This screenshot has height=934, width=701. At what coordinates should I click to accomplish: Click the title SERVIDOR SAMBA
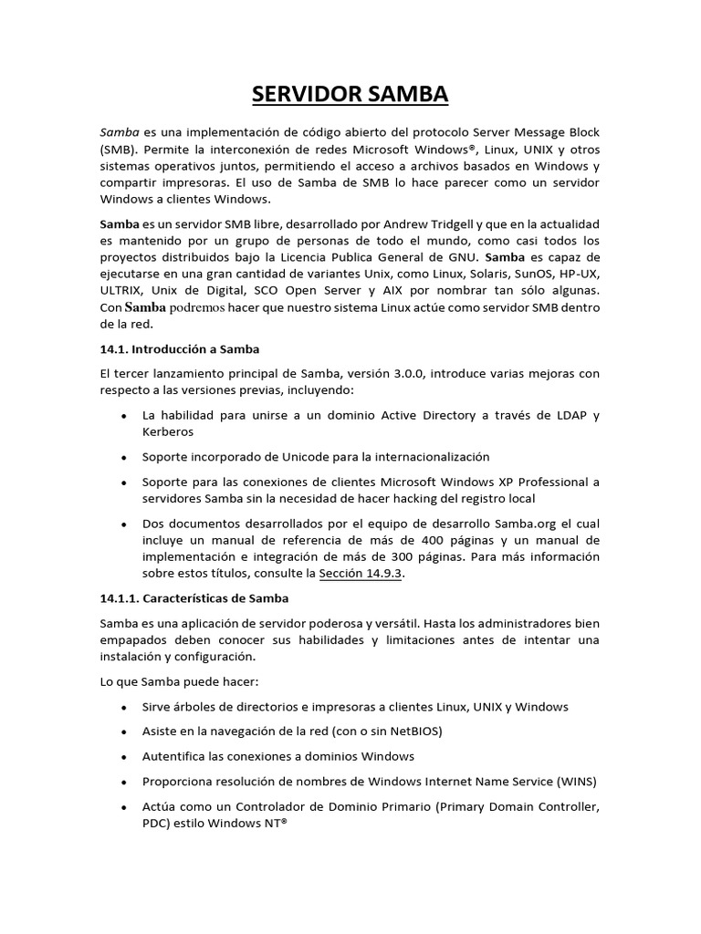[350, 94]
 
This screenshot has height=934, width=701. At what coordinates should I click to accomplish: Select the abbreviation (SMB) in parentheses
[120, 149]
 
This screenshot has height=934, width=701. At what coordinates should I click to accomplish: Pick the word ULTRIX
[121, 290]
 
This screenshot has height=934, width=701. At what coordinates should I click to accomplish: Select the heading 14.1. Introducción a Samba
[180, 349]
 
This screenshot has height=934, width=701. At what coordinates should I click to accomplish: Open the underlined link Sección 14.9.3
[361, 574]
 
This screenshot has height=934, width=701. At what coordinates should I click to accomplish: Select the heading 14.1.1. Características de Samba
[194, 598]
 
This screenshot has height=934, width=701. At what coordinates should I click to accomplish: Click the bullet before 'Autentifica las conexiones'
[123, 757]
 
